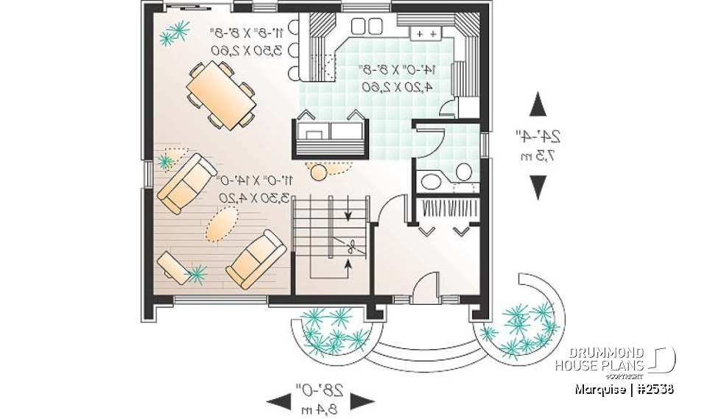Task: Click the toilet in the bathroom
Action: (463, 171)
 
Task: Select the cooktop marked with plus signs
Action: (425, 34)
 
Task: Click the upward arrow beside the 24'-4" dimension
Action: (538, 105)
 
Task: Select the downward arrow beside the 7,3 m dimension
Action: (538, 189)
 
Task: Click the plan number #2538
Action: (653, 388)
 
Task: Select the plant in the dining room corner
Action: (175, 31)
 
